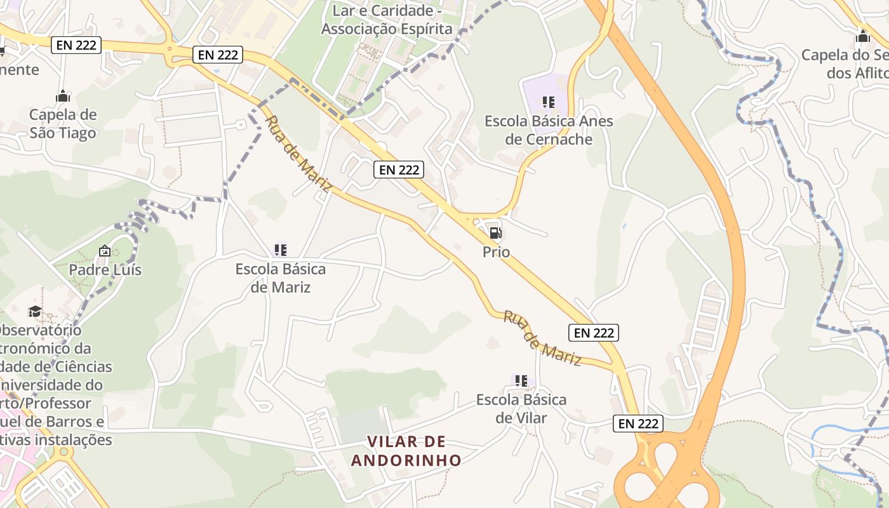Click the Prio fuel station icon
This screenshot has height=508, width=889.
495,233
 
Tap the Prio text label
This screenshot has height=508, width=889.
496,252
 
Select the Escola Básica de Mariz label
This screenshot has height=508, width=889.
280,278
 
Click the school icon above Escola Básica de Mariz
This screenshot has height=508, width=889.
280,250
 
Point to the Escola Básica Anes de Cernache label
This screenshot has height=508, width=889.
549,130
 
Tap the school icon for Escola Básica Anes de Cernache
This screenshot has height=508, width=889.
549,102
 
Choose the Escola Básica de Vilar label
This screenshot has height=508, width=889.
521,408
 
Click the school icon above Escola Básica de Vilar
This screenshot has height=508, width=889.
521,381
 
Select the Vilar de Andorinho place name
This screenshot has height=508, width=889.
406,451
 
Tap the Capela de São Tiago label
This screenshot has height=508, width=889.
63,124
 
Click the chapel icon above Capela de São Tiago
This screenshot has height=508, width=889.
63,97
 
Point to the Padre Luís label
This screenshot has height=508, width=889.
105,270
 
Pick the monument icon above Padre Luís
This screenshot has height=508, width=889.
105,251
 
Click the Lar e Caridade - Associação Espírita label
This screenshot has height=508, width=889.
387,20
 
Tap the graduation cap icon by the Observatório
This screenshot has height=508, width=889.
35,311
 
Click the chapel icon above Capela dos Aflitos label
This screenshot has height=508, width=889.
862,36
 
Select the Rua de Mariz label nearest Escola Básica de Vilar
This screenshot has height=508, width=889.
542,338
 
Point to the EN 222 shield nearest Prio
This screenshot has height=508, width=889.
398,170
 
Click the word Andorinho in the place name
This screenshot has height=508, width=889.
406,460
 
